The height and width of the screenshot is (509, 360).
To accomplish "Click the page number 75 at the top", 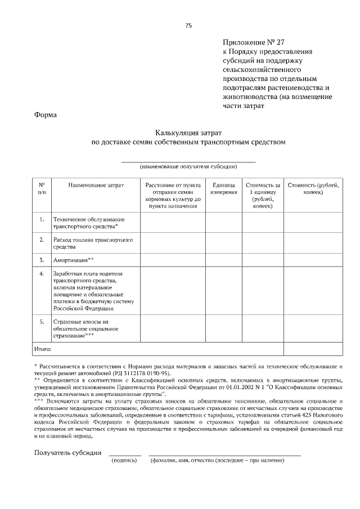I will (188, 25).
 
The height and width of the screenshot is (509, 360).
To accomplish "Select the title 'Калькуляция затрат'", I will (188, 133).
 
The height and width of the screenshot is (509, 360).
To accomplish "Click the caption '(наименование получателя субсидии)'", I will (188, 166).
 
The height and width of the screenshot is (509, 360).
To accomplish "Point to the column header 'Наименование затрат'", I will (96, 184).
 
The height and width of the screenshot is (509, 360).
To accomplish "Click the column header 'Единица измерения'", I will (223, 188).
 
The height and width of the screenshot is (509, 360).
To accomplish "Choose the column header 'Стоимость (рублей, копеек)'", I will (313, 188).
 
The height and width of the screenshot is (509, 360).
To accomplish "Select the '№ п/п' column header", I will (42, 188).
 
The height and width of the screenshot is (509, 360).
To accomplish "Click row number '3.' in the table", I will (42, 260).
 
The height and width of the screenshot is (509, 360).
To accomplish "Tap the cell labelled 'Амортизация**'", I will (73, 260).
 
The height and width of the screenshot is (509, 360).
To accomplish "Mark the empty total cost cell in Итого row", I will (313, 349).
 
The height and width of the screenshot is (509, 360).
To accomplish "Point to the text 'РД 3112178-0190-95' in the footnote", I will (142, 373).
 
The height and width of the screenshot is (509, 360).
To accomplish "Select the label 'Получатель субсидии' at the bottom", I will (67, 452).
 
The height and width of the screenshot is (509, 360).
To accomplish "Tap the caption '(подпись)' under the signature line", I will (125, 461).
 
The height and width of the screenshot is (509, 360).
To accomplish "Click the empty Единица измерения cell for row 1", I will (223, 222).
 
